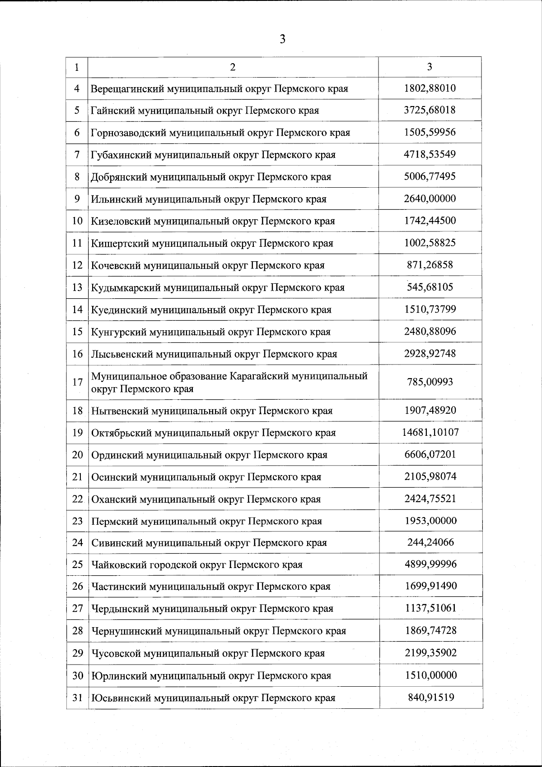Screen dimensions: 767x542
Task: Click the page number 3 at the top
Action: [283, 39]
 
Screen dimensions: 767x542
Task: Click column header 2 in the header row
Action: [233, 67]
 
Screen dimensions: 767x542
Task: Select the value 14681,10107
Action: [430, 432]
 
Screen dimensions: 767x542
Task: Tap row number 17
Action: [77, 382]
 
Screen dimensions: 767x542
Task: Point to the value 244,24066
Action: [430, 542]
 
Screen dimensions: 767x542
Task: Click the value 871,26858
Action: [430, 265]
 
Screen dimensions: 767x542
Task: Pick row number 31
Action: [77, 698]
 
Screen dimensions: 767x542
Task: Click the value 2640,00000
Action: [430, 199]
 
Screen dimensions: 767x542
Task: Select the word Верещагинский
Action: [127, 88]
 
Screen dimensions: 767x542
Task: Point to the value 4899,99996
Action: [430, 564]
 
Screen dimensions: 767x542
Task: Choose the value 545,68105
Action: [430, 287]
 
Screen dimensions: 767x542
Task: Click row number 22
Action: [77, 499]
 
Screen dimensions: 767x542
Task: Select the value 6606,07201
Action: [430, 454]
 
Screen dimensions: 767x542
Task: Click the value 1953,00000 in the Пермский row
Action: [430, 521]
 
